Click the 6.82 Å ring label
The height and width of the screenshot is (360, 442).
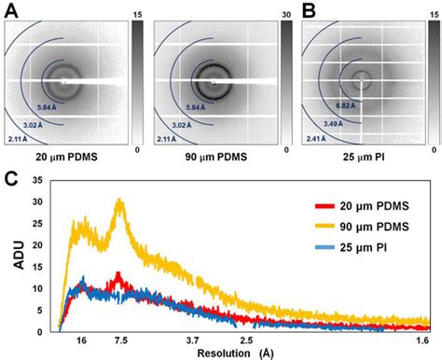point(347,106)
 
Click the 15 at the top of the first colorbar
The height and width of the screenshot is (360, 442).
point(137,15)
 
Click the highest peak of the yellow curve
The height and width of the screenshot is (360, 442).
point(118,200)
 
